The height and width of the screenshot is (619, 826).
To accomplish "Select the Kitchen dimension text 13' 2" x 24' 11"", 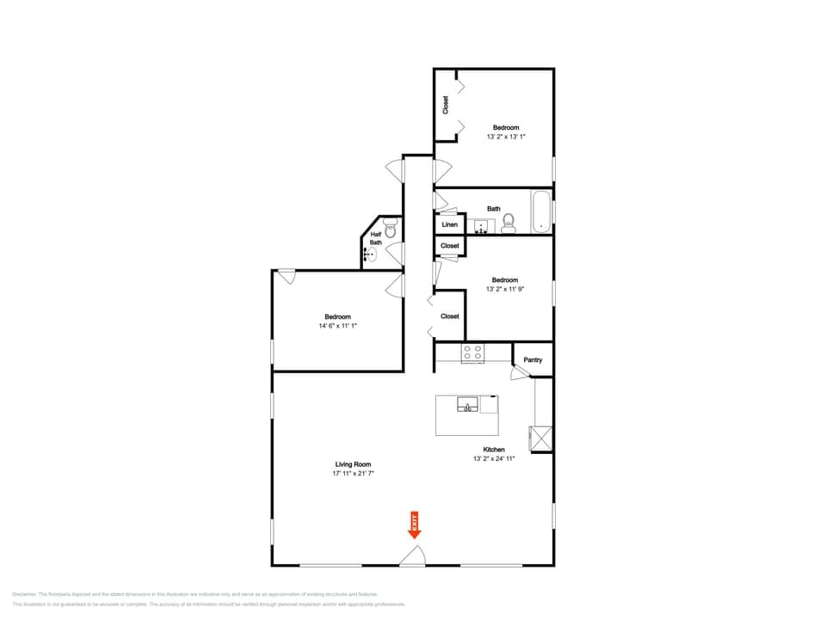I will pos(493,459).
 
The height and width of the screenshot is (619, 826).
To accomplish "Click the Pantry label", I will pos(533,359).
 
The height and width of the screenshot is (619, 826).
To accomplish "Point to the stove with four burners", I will pos(472,352).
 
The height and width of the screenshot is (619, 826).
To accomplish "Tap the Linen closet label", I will pos(449,224).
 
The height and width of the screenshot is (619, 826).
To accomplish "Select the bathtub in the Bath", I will pos(540,211).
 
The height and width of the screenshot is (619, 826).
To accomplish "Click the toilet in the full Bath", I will pos(508,224).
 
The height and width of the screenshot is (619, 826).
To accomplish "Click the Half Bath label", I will pos(376,238).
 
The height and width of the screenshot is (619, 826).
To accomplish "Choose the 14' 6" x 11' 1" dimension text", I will pos(337,326).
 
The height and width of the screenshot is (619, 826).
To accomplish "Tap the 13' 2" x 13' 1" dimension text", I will pos(506,136).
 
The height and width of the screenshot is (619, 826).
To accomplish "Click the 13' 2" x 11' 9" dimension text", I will pos(505,289).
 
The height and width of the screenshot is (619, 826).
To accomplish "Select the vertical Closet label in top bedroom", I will pos(446,105).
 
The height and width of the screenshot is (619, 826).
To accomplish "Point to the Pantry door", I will pos(519,373).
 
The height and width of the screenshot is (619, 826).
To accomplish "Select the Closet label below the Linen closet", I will pos(449,246).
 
